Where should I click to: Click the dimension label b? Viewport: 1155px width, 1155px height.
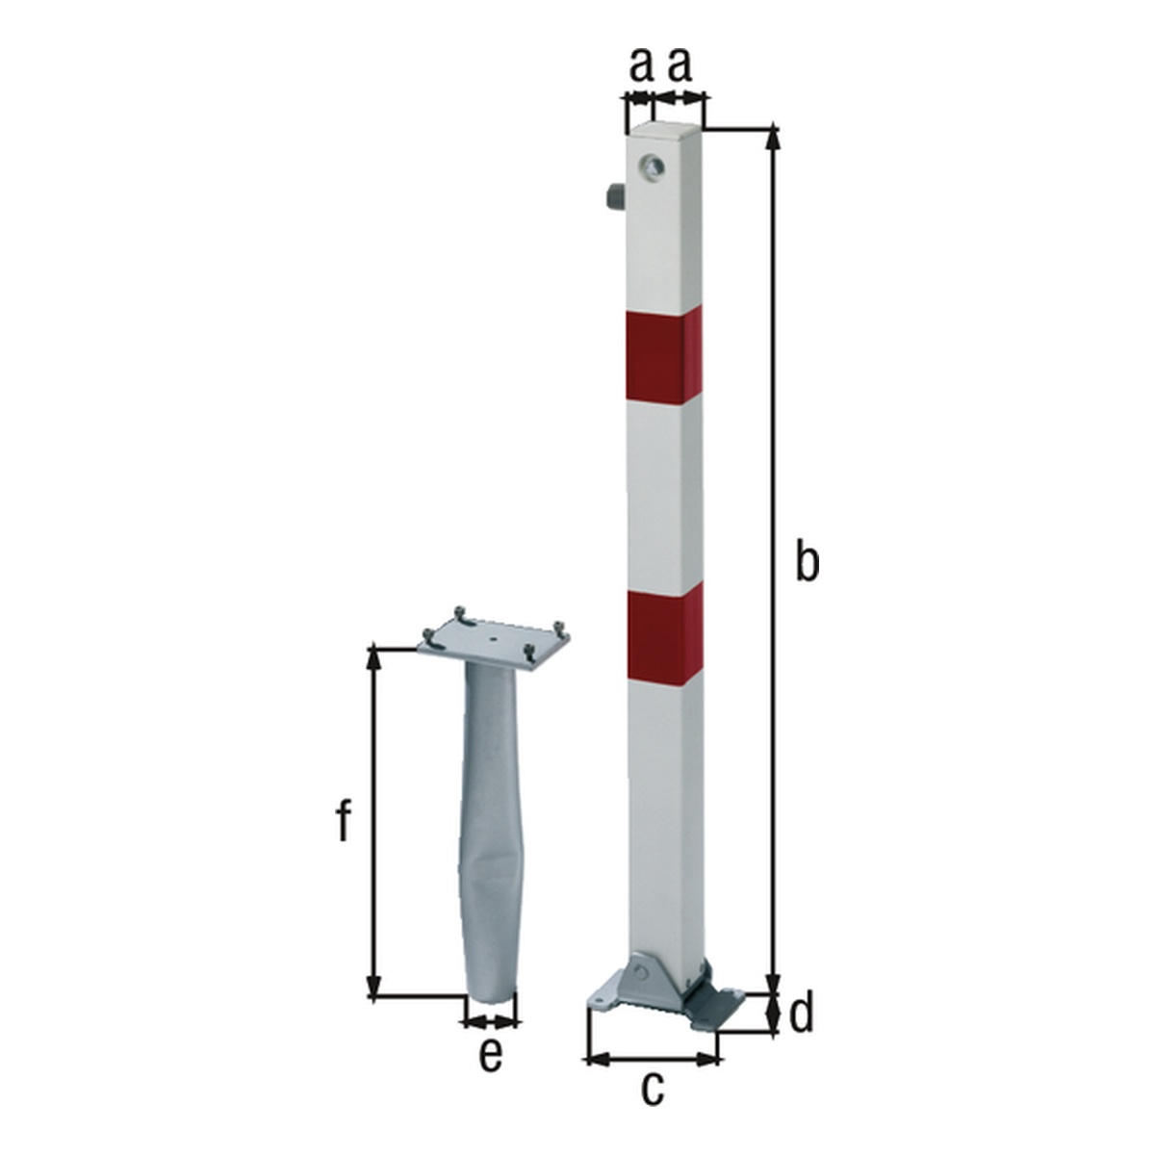(x=807, y=560)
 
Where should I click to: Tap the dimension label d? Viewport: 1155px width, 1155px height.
(x=801, y=1012)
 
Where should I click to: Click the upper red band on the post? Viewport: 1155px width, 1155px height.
(x=664, y=355)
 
